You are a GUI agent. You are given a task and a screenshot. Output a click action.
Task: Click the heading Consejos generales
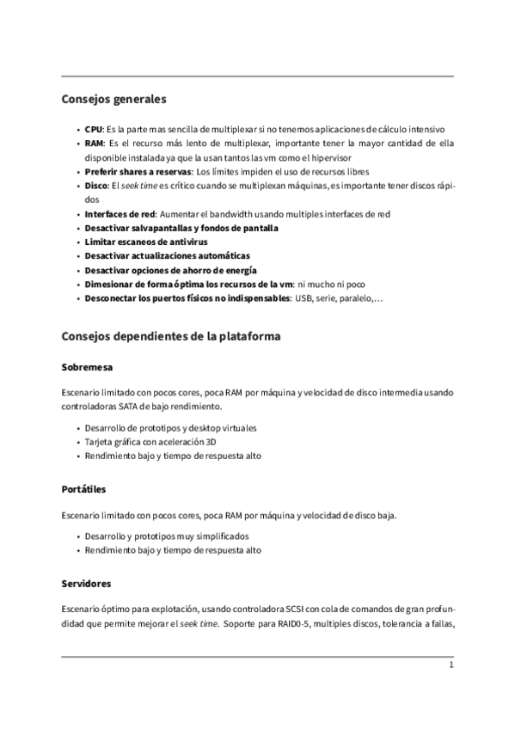pyautogui.click(x=113, y=100)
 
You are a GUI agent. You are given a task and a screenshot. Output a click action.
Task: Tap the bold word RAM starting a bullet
pyautogui.click(x=94, y=143)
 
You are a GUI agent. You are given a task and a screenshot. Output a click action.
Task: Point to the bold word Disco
pyautogui.click(x=95, y=186)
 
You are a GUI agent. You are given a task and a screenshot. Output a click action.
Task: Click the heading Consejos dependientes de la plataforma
pyautogui.click(x=171, y=335)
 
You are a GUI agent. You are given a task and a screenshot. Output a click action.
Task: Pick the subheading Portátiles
pyautogui.click(x=84, y=489)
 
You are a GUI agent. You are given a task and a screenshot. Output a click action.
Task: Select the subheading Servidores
pyautogui.click(x=87, y=584)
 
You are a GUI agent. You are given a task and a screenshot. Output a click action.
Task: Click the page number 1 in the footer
pyautogui.click(x=450, y=667)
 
